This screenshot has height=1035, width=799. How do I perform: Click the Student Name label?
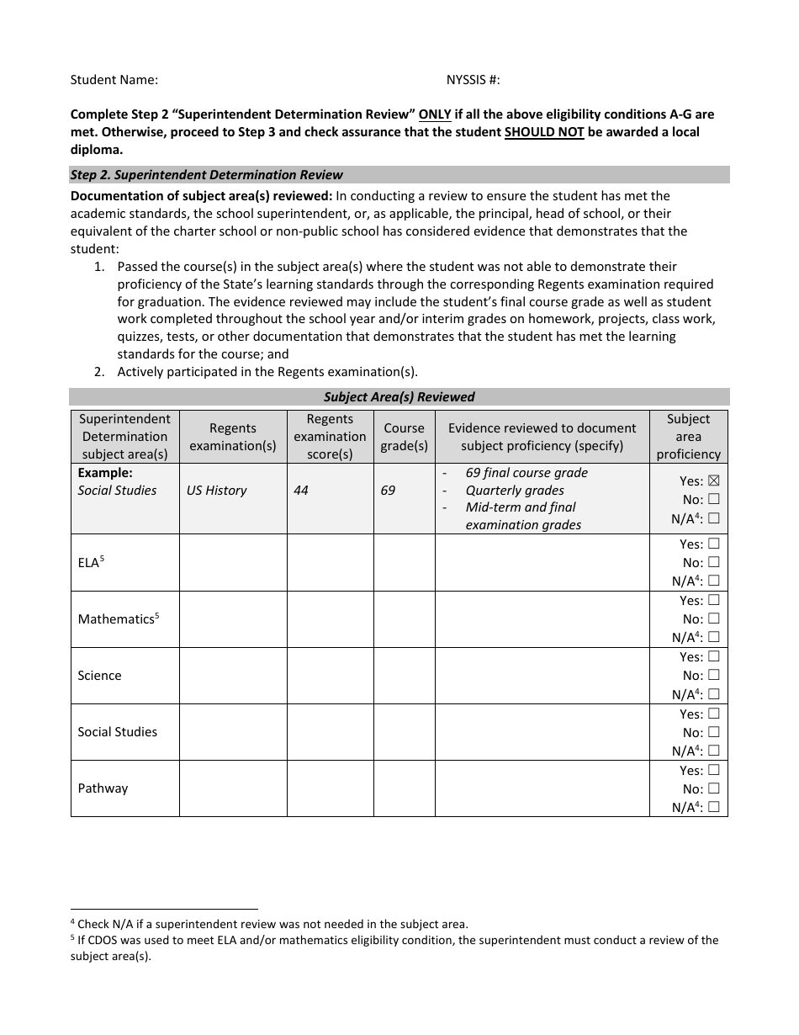tap(114, 80)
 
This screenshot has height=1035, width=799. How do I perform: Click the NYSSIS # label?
tap(473, 80)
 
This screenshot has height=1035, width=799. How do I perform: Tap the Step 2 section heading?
tap(206, 175)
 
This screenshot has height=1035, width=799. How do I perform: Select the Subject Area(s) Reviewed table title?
tap(399, 397)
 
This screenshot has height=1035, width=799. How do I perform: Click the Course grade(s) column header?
tap(404, 437)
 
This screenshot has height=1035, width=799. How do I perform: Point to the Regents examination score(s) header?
tap(330, 437)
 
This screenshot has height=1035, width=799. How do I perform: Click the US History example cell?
tap(217, 491)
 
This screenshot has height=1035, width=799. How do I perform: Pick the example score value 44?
tap(301, 491)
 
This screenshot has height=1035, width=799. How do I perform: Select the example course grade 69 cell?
tap(388, 491)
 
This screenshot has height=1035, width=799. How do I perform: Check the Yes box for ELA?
tap(714, 544)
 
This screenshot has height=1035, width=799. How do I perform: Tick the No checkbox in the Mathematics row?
tap(714, 619)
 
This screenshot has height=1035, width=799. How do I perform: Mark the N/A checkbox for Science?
tap(714, 694)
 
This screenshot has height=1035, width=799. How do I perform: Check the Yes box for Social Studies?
tap(714, 714)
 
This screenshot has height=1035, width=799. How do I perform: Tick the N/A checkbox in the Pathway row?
tap(714, 807)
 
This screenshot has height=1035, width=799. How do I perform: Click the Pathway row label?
tap(103, 788)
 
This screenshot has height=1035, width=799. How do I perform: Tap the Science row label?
tap(99, 676)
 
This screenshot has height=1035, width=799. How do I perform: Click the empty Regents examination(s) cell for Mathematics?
tap(233, 619)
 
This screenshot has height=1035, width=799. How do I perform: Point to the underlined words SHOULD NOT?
tap(544, 132)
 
